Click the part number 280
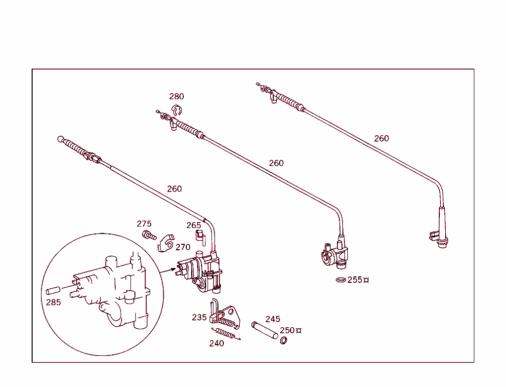(176, 96)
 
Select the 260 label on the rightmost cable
(381, 138)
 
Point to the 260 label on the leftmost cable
(174, 189)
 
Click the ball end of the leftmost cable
(61, 139)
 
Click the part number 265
(194, 225)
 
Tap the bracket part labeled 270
(166, 242)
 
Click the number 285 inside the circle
(53, 302)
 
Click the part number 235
(199, 317)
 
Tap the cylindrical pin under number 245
(265, 331)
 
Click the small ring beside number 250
(284, 341)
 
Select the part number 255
(355, 280)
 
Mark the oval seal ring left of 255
(340, 280)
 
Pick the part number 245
(273, 319)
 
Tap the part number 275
(144, 224)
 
